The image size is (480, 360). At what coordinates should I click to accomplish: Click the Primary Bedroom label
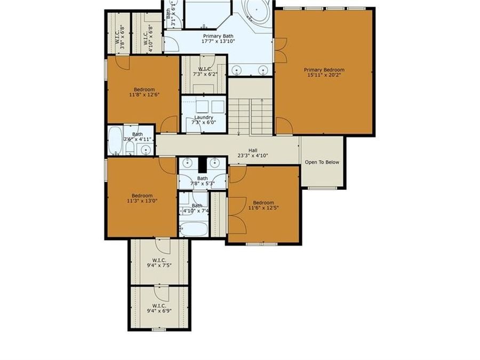pos(324,70)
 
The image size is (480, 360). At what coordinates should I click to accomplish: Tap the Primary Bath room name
pos(218,35)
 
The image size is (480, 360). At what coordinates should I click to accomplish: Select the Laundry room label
pos(204,117)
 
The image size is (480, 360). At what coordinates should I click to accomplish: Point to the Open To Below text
pos(322,163)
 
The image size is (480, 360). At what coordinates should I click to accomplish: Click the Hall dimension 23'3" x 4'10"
pos(253,156)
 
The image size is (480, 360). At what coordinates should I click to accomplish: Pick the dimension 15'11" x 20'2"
pos(324,76)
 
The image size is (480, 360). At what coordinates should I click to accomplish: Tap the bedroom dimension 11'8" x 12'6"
pos(144,95)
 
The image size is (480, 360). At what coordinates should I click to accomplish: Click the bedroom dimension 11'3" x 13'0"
pos(142,202)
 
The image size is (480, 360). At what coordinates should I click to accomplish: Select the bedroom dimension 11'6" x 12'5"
pos(263,209)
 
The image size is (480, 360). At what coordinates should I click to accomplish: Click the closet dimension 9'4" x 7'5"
pos(159,267)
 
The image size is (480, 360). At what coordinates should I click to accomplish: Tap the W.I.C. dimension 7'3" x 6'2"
pos(205,75)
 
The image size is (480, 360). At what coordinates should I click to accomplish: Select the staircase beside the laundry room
pos(251,112)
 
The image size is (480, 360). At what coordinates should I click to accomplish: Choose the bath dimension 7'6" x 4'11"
pos(138,139)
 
